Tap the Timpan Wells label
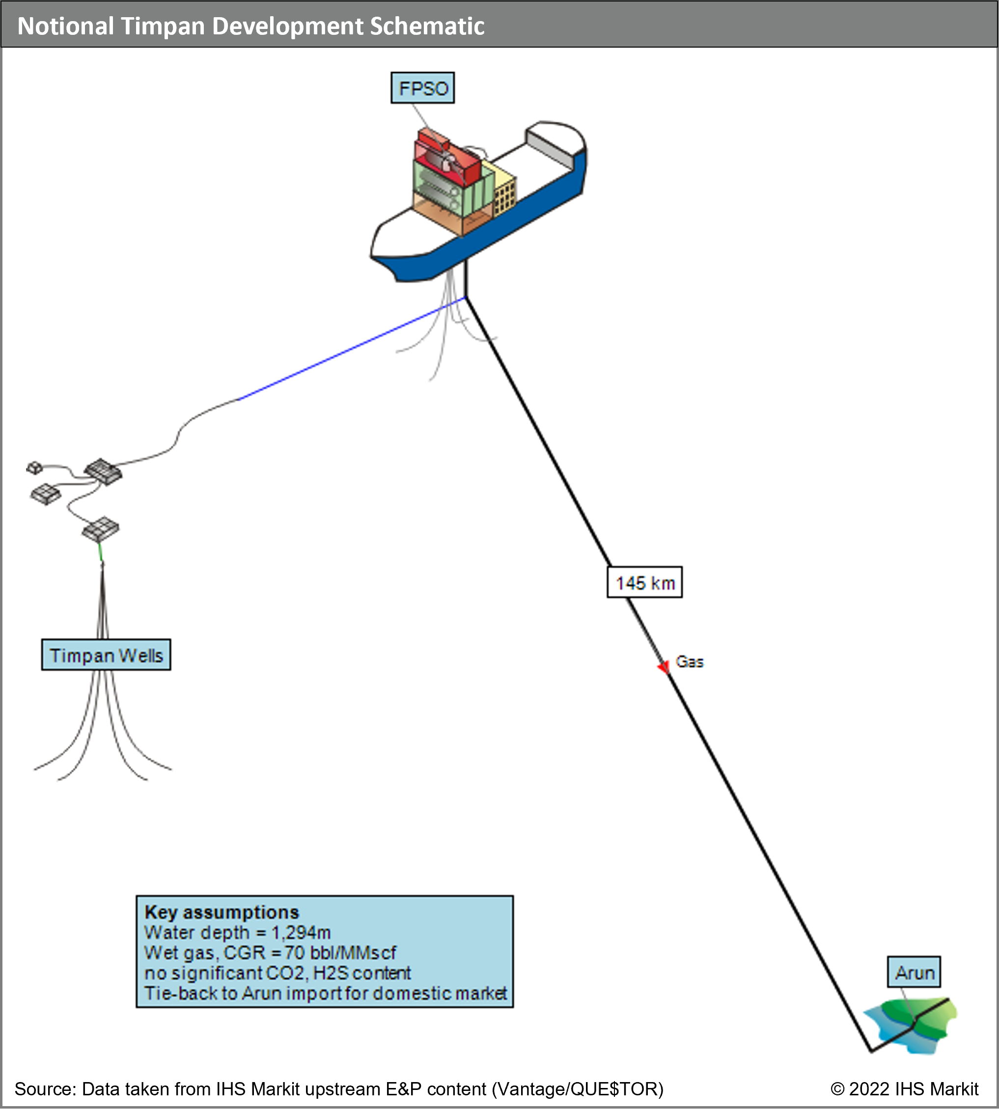coord(106,655)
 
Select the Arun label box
coord(914,972)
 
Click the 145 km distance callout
coord(644,583)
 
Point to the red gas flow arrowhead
coord(664,666)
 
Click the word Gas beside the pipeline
coord(690,662)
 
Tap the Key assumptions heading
coord(222,912)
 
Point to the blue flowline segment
coord(351,349)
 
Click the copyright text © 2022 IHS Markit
coord(904,1089)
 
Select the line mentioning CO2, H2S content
coord(277,973)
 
